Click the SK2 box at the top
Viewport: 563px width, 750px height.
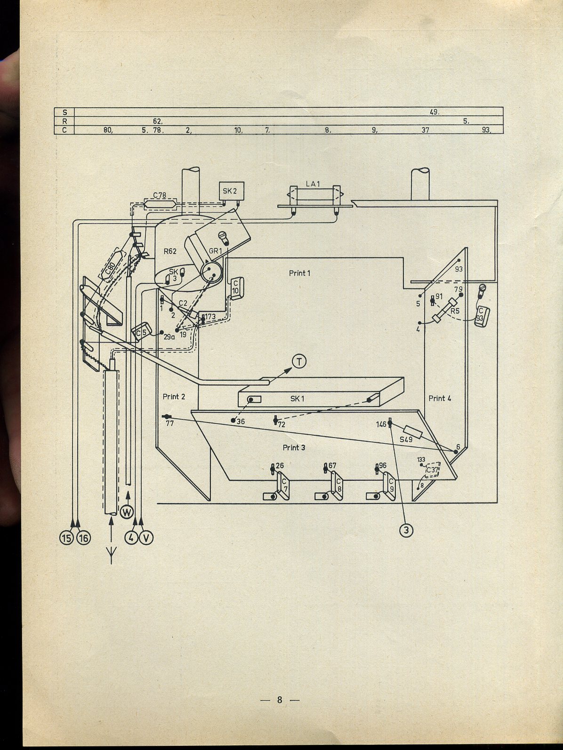(x=231, y=191)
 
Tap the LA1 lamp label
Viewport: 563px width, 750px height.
(x=313, y=184)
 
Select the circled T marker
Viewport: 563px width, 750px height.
(x=299, y=361)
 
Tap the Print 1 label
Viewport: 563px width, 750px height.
(x=300, y=273)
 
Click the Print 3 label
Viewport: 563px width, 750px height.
(x=294, y=447)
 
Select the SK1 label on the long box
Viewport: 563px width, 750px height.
(x=298, y=399)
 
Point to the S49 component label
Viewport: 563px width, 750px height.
(x=406, y=440)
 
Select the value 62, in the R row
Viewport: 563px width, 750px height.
(x=158, y=121)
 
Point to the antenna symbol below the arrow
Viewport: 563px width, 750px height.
(x=112, y=555)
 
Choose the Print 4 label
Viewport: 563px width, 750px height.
(x=440, y=398)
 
